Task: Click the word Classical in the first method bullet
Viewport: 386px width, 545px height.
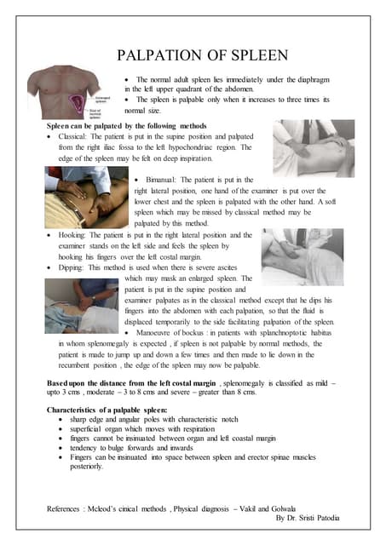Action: click(x=78, y=136)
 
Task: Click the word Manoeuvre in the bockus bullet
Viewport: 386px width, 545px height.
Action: click(x=166, y=333)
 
